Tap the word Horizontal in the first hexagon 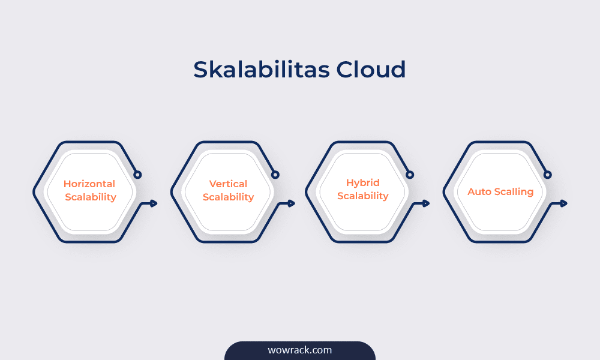[x=89, y=184]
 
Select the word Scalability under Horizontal [x=89, y=197]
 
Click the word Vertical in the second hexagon [x=228, y=184]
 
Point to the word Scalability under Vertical [x=228, y=197]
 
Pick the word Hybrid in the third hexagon [x=363, y=183]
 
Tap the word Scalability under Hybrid [x=363, y=196]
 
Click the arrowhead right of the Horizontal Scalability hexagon [x=154, y=203]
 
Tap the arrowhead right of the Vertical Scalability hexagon [x=292, y=203]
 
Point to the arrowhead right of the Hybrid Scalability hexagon [x=427, y=203]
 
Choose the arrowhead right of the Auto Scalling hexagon [x=564, y=203]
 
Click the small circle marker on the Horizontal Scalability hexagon [x=137, y=175]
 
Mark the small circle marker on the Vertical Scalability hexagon [x=275, y=175]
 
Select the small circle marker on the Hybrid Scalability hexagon [x=410, y=175]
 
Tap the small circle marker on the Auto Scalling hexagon [x=547, y=175]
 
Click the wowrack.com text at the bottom [x=299, y=350]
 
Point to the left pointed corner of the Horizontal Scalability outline [x=34, y=192]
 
